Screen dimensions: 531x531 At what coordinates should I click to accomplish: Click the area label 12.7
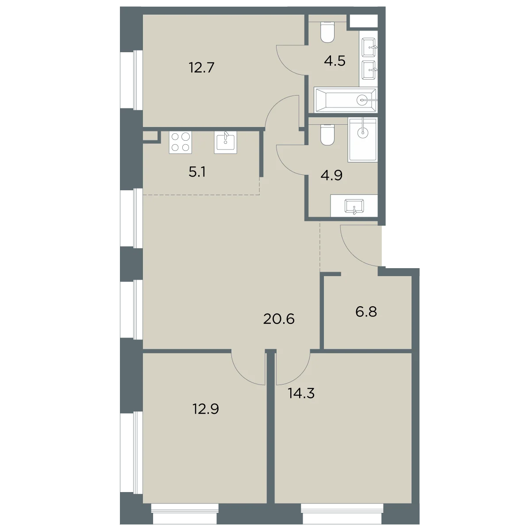click(201, 68)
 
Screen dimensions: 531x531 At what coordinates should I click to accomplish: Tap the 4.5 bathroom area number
click(335, 61)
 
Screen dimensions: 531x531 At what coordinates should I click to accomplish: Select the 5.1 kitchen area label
click(197, 172)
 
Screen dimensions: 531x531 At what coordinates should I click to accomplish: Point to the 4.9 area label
click(331, 175)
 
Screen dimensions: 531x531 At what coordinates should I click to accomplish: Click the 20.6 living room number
click(279, 319)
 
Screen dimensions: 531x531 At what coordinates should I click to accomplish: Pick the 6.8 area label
click(366, 312)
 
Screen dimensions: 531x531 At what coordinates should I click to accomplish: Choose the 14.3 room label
click(301, 393)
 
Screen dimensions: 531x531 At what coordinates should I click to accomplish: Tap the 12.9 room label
click(206, 409)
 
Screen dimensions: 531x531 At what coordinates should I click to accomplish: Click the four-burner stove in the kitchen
click(181, 142)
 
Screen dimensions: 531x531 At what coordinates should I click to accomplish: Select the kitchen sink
click(225, 142)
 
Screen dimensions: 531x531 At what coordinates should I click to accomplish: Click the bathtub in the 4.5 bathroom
click(346, 100)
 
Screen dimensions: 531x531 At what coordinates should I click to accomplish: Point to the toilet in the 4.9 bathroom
click(327, 135)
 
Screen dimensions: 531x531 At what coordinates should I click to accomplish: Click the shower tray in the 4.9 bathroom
click(363, 140)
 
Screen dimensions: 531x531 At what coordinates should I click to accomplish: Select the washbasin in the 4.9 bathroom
click(354, 207)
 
